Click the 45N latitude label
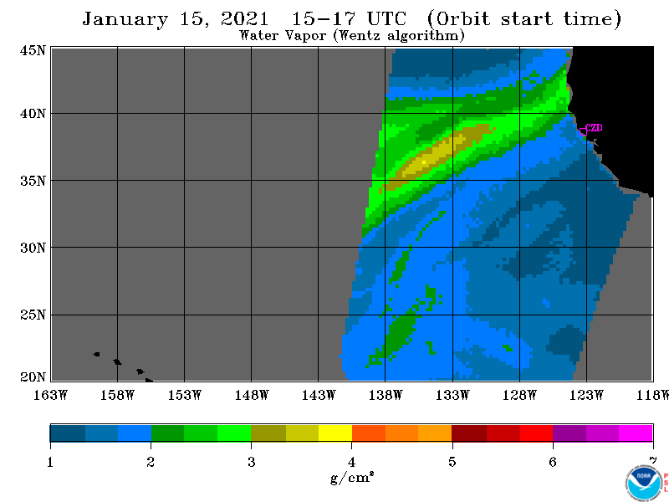pyautogui.click(x=33, y=50)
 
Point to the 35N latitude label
pyautogui.click(x=33, y=181)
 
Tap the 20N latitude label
pyautogui.click(x=33, y=377)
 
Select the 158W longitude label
pyautogui.click(x=117, y=395)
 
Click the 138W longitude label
pyautogui.click(x=386, y=395)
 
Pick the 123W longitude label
pyautogui.click(x=586, y=395)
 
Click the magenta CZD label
pyautogui.click(x=594, y=128)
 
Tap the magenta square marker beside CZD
pyautogui.click(x=583, y=131)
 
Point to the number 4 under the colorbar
pyautogui.click(x=351, y=462)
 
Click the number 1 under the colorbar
pyautogui.click(x=50, y=462)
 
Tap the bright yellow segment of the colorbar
pyautogui.click(x=335, y=433)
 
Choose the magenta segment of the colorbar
pyautogui.click(x=636, y=433)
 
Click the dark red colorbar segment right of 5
pyautogui.click(x=469, y=433)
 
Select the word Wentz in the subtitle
pyautogui.click(x=360, y=35)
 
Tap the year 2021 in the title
pyautogui.click(x=244, y=18)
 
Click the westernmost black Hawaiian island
pyautogui.click(x=97, y=354)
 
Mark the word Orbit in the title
pyautogui.click(x=463, y=18)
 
